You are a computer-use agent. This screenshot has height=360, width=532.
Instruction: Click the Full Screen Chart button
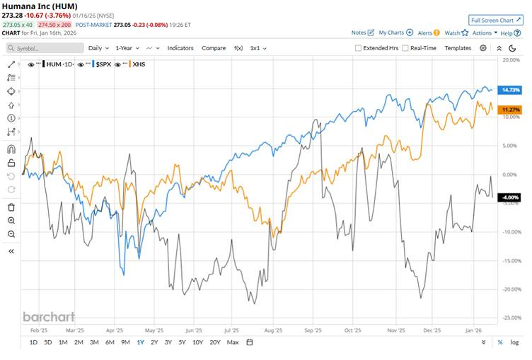pyautogui.click(x=496, y=20)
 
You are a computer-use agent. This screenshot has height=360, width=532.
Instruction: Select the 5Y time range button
pyautogui.click(x=183, y=342)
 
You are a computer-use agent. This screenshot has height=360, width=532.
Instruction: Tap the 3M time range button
pyautogui.click(x=94, y=342)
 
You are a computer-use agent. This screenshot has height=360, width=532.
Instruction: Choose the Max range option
pyautogui.click(x=233, y=342)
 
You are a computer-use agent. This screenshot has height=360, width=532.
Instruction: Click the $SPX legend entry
pyautogui.click(x=103, y=64)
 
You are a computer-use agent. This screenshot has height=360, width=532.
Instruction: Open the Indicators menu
pyautogui.click(x=180, y=48)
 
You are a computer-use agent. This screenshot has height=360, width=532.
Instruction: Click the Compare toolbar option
pyautogui.click(x=214, y=48)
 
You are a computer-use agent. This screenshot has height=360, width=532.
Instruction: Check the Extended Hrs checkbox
pyautogui.click(x=359, y=48)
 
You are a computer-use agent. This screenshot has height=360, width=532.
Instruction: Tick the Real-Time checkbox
pyautogui.click(x=405, y=48)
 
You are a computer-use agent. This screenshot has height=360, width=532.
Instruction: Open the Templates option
pyautogui.click(x=458, y=48)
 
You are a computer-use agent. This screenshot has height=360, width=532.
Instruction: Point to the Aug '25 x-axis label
pyautogui.click(x=274, y=330)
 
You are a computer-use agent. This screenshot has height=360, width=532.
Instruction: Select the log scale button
pyautogui.click(x=514, y=342)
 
